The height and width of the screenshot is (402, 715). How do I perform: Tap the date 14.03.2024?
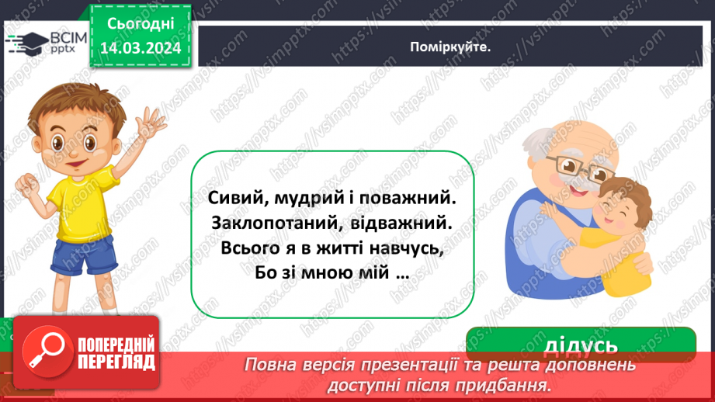click(x=140, y=46)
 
